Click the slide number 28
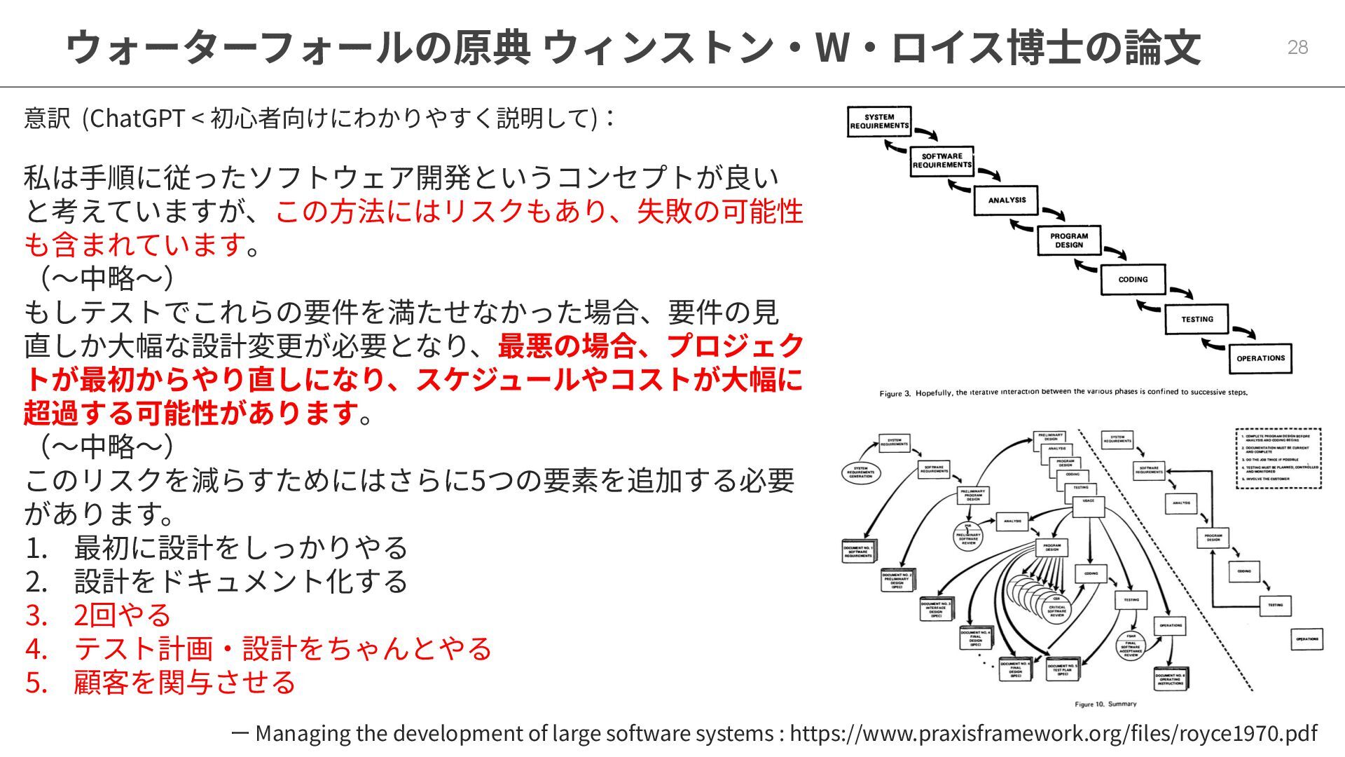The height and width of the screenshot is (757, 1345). pos(1297,47)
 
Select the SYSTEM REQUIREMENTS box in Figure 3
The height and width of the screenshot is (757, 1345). pos(879,121)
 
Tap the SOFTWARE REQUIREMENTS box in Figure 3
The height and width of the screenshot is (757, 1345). pos(942,161)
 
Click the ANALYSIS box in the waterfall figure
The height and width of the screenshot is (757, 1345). pos(1006,200)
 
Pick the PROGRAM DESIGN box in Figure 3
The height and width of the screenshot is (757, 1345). pos(1069,240)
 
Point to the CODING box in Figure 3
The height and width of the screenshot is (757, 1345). pos(1133,280)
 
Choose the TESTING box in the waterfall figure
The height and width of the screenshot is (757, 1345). pos(1196,320)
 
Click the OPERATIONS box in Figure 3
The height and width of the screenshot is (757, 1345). pos(1260,358)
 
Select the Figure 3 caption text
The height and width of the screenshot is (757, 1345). pos(1063,393)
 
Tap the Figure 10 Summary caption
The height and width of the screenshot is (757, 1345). pos(1105,704)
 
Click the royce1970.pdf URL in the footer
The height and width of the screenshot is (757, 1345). pos(1053,733)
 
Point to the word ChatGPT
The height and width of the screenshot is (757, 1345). pos(137,118)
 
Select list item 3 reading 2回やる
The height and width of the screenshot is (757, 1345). pos(122,615)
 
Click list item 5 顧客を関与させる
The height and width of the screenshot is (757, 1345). pos(184,682)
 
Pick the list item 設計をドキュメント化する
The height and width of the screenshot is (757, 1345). pos(240,581)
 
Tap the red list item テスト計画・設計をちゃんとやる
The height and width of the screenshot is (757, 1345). pos(282,648)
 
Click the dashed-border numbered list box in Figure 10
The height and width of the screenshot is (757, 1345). pos(1278,458)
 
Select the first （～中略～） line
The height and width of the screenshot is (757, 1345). pos(106,278)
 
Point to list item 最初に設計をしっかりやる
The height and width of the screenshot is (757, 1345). pos(240,547)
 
